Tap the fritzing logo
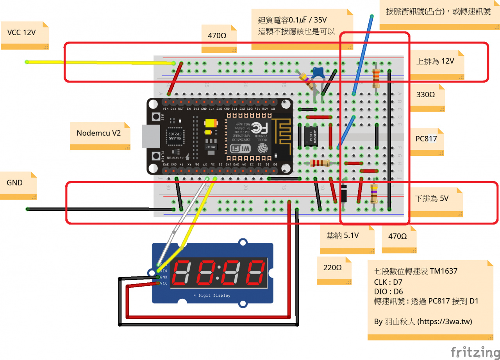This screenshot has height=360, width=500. pos(475,351)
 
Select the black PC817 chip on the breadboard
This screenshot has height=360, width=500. pos(311,136)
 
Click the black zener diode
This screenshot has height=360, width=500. pos(344,194)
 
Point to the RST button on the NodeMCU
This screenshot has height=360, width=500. pos(155,116)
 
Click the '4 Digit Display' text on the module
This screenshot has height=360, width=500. pos(212,296)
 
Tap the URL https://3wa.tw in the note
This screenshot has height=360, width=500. pos(445,322)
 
